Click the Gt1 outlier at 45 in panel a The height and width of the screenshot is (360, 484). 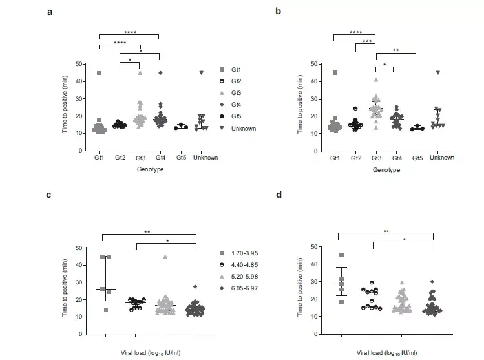coord(99,73)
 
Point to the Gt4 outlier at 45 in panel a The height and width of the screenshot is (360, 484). coord(160,73)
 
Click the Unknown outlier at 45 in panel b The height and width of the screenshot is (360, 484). coord(438,72)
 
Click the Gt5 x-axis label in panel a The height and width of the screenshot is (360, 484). coord(180,158)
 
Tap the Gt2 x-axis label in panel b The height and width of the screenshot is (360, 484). coord(355,158)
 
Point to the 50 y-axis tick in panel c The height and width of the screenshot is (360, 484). coord(78,248)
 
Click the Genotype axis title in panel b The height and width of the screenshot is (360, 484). coord(386,170)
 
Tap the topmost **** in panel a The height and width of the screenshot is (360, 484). coord(129,32)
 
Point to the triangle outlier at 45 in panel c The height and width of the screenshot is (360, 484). coord(165,257)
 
